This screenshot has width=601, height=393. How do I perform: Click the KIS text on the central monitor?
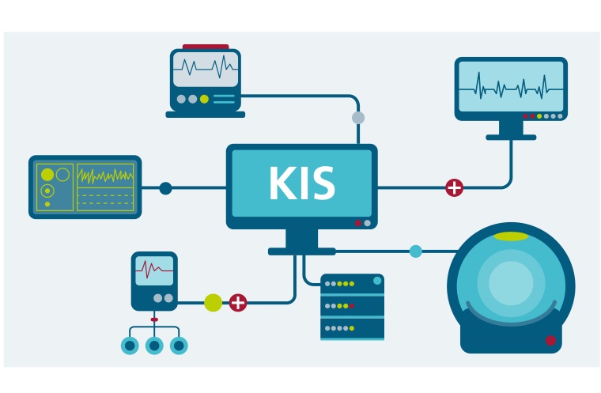(x=301, y=184)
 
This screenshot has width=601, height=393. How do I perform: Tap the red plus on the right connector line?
(x=454, y=187)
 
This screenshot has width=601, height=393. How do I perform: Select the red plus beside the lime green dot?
(x=238, y=302)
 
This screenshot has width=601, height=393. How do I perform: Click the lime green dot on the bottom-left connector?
(x=214, y=302)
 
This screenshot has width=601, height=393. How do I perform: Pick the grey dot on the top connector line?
(x=358, y=118)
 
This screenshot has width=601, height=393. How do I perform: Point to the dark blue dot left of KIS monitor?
(x=165, y=188)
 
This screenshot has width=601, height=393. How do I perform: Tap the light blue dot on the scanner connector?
(x=416, y=251)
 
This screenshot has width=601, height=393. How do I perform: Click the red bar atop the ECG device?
(x=206, y=47)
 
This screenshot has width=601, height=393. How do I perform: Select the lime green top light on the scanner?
(x=511, y=236)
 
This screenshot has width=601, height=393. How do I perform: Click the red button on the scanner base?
(x=550, y=341)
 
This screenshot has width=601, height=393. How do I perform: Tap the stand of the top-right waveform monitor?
(x=511, y=129)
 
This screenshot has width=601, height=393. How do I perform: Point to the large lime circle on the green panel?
(x=47, y=174)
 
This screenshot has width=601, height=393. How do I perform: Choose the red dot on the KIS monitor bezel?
(x=357, y=223)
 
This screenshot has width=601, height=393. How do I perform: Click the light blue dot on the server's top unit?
(x=377, y=281)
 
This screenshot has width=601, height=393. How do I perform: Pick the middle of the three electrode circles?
(x=154, y=346)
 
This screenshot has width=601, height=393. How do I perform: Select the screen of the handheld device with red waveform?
(x=154, y=271)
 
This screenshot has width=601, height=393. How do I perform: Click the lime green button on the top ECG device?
(x=204, y=99)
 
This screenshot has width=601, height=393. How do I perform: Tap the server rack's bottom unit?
(x=352, y=328)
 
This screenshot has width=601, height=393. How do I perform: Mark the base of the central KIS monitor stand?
(x=301, y=251)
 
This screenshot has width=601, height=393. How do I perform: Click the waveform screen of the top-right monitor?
(x=511, y=86)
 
